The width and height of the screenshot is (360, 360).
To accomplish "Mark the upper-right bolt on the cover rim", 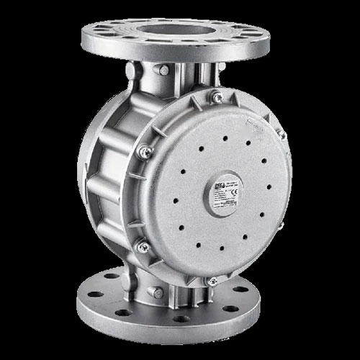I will point(283,135).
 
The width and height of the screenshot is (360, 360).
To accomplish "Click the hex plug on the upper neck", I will point(164,70).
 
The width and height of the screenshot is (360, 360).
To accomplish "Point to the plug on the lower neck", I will point(153,292).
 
